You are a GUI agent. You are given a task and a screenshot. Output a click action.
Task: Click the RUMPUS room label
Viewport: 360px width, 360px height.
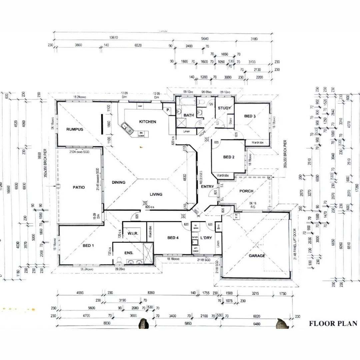pyautogui.click(x=74, y=129)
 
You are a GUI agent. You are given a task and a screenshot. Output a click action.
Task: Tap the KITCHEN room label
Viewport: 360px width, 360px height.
pyautogui.click(x=147, y=122)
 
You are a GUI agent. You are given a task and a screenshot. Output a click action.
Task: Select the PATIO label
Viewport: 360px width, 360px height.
pyautogui.click(x=79, y=187)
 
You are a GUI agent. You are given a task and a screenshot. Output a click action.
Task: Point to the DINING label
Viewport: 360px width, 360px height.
pyautogui.click(x=118, y=182)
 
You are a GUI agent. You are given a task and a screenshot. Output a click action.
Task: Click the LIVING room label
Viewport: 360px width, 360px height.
pyautogui.click(x=156, y=194)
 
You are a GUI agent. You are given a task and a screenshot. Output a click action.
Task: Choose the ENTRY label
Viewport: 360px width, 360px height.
pyautogui.click(x=207, y=187)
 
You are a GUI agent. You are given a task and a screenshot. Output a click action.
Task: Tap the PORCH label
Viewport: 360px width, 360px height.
pyautogui.click(x=246, y=191)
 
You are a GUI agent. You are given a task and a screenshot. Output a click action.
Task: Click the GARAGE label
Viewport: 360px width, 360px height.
pyautogui.click(x=257, y=256)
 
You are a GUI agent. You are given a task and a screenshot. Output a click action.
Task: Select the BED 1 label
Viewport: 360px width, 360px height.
pyautogui.click(x=88, y=246)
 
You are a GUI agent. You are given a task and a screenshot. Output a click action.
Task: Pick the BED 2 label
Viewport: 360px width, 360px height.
pyautogui.click(x=229, y=157)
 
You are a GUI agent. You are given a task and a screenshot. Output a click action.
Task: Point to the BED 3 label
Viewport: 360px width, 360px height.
pyautogui.click(x=250, y=116)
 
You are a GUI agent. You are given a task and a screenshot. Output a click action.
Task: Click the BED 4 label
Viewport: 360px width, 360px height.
pyautogui.click(x=174, y=238)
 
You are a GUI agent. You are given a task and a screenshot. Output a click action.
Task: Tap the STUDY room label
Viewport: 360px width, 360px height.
pyautogui.click(x=224, y=108)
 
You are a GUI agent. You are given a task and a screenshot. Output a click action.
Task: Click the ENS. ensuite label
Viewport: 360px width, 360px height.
pyautogui.click(x=129, y=253)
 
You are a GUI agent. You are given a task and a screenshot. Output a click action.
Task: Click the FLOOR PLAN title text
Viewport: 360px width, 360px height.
pyautogui.click(x=333, y=323)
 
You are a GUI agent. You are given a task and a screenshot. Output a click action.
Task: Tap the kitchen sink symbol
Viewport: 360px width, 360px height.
pyautogui.click(x=127, y=127)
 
